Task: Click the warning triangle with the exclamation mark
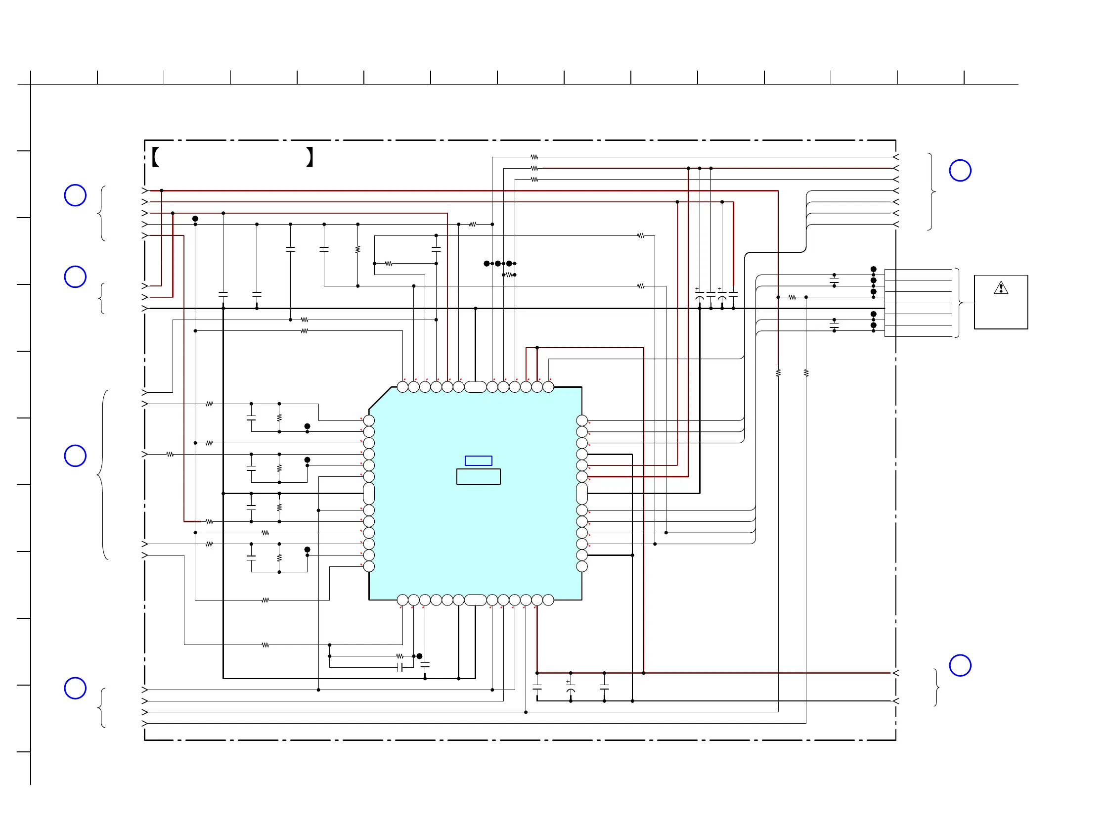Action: (1000, 288)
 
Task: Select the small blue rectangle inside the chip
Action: (478, 461)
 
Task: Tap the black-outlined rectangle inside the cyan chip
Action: (478, 476)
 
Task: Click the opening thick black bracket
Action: (155, 157)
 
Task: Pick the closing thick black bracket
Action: (310, 157)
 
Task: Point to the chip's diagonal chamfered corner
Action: (380, 399)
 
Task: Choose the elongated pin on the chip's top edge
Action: (475, 387)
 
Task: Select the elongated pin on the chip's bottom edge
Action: (475, 600)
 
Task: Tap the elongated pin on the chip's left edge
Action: (369, 493)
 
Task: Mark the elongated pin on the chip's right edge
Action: (581, 493)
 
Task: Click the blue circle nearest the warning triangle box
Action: (960, 171)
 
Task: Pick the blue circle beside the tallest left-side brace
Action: (75, 456)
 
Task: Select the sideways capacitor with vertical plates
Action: (400, 667)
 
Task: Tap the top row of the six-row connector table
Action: (918, 275)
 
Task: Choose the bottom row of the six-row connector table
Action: (918, 331)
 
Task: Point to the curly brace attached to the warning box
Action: (958, 303)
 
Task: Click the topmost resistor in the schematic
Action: (534, 157)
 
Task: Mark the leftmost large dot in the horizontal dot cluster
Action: (487, 263)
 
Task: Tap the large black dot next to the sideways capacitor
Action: (419, 656)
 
